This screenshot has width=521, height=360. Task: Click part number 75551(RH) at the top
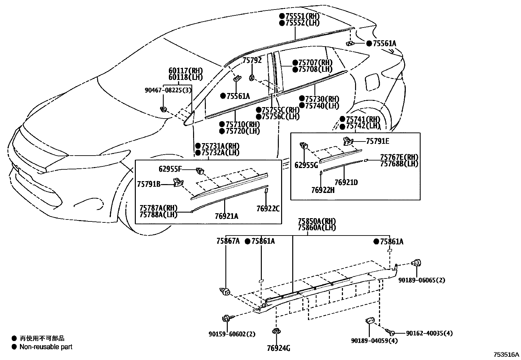click(x=302, y=16)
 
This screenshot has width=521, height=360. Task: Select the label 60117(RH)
click(x=186, y=71)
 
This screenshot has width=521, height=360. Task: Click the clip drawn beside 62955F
click(x=199, y=170)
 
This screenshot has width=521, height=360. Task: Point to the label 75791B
click(x=149, y=184)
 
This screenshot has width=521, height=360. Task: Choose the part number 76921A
click(x=226, y=216)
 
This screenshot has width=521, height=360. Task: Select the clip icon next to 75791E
click(x=347, y=142)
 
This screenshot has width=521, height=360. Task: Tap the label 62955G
click(x=306, y=165)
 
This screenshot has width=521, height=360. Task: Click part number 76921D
click(x=346, y=182)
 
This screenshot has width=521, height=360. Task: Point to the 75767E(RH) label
click(x=399, y=157)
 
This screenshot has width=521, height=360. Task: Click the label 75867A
click(x=228, y=241)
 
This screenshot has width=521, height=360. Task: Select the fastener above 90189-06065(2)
click(x=417, y=263)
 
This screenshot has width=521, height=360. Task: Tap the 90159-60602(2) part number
click(x=232, y=334)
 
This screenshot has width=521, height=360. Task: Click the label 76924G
click(x=278, y=348)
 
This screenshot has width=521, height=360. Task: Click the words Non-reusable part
click(x=46, y=347)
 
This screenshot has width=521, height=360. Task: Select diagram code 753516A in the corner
click(x=506, y=354)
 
